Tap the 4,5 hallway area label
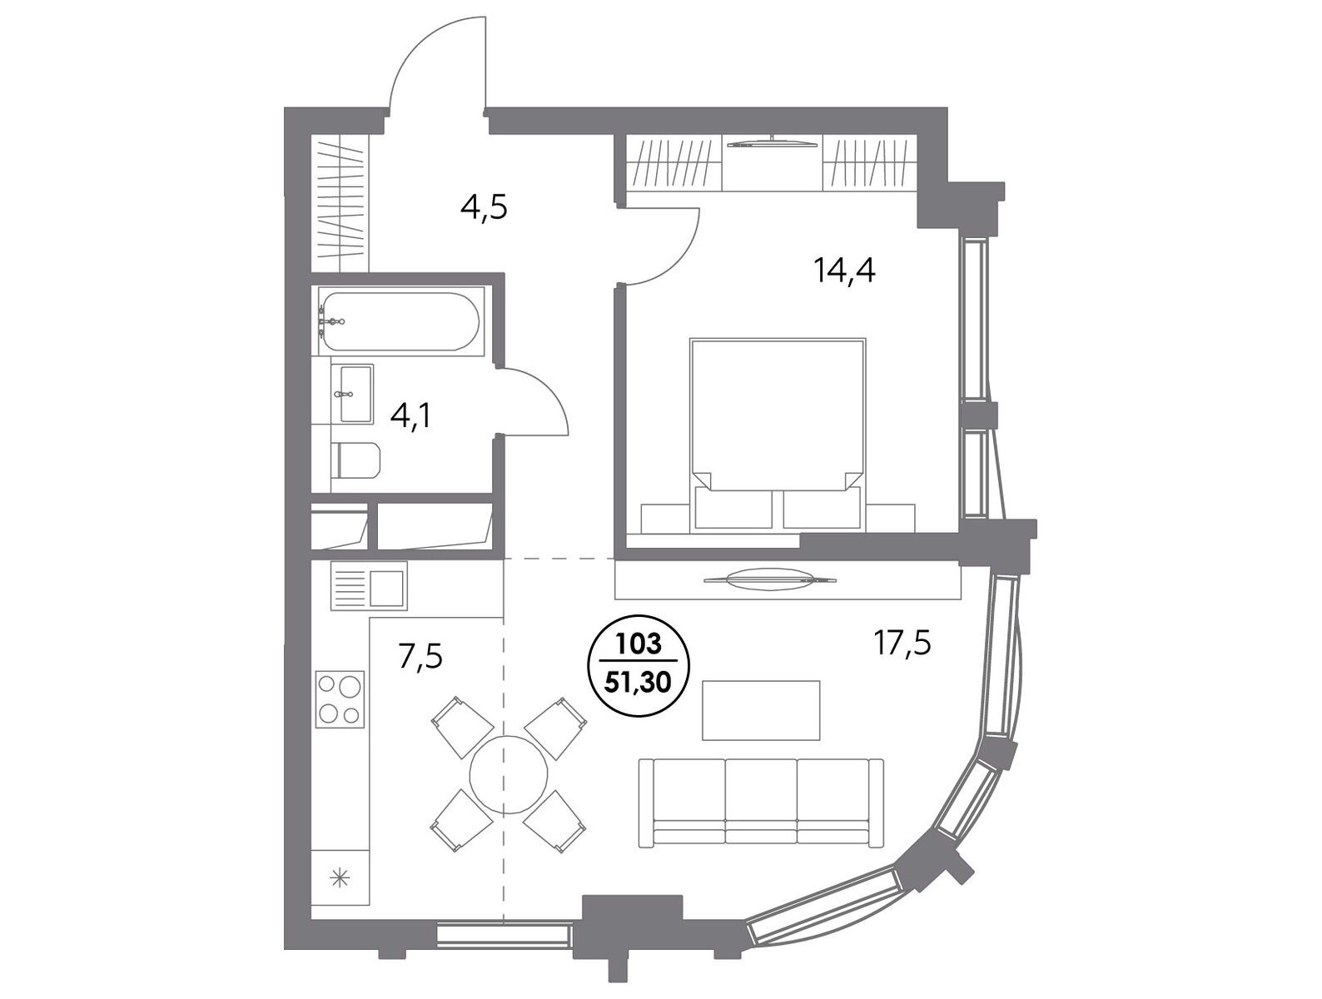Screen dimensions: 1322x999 485,208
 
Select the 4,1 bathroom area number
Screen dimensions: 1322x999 410,415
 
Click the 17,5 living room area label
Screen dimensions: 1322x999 902,644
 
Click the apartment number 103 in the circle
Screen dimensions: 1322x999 639,645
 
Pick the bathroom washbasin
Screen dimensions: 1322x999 356,393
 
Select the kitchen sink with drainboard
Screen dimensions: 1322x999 368,585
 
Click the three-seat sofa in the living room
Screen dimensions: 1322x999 761,802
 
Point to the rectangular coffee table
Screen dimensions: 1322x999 761,710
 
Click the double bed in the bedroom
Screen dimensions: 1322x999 778,435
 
